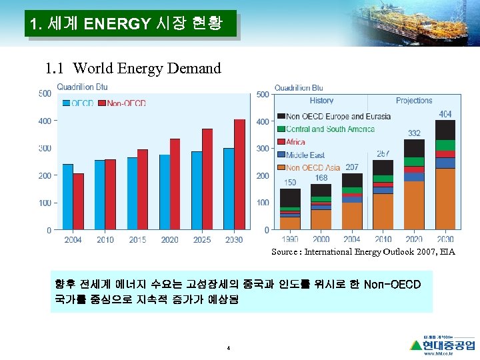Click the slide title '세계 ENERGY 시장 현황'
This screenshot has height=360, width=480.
click(131, 25)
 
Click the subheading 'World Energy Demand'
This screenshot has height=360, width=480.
click(133, 68)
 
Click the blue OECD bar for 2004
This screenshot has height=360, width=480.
click(68, 197)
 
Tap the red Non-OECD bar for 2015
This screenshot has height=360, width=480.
click(143, 189)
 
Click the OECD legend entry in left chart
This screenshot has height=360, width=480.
click(79, 103)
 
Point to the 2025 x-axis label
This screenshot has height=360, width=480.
click(202, 240)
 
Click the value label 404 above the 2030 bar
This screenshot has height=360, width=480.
click(445, 115)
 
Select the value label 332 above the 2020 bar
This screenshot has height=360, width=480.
click(414, 134)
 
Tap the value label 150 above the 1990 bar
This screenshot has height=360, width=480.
click(290, 183)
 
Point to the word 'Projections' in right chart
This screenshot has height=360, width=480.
click(414, 101)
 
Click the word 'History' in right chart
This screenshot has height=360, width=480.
click(322, 101)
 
